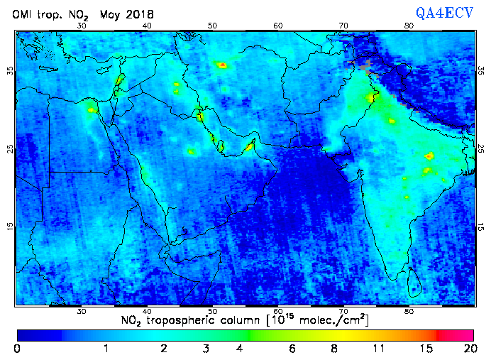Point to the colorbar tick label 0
coord(17,349)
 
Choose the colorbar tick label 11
coord(378,349)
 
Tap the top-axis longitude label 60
coord(278,25)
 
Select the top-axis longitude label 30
coord(82,25)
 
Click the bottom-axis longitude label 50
coord(213,311)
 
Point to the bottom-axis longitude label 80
coord(409,311)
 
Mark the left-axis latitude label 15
coord(10,226)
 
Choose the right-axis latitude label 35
coord(481,71)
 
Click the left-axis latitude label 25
coord(10,148)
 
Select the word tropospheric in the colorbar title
coord(187,321)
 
